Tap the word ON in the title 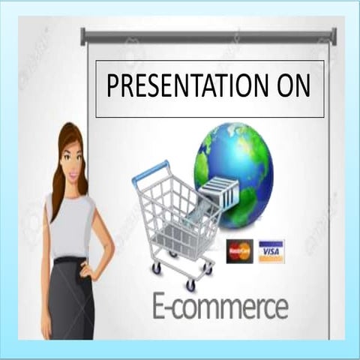click(x=292, y=87)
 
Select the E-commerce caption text click(x=220, y=307)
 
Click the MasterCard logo click(x=240, y=251)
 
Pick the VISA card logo click(x=271, y=251)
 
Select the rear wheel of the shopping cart click(x=156, y=268)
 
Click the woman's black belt click(x=70, y=260)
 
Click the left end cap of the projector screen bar click(x=83, y=36)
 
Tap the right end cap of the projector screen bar click(x=334, y=36)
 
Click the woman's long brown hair click(x=57, y=172)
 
